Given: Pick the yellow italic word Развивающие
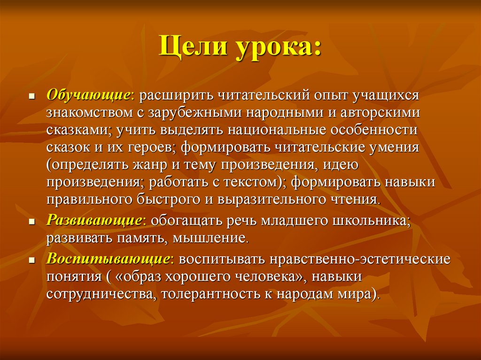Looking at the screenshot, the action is [93, 221].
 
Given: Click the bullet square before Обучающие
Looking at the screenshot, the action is [31, 96].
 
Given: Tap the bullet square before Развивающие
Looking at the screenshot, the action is [31, 222].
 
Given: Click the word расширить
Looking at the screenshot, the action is [177, 96].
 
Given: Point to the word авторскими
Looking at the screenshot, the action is [380, 113].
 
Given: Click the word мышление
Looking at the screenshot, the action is [209, 238].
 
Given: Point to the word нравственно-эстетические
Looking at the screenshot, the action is [360, 260].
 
